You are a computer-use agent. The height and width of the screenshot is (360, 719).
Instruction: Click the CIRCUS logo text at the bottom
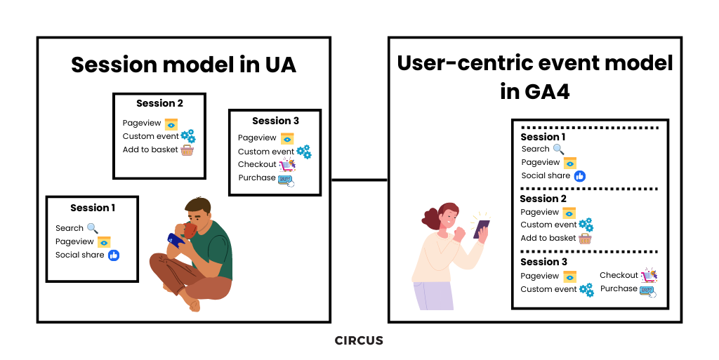(359, 341)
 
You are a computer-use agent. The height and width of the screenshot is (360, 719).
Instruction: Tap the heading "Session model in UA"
(183, 65)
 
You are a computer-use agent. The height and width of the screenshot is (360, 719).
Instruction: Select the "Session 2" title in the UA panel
(159, 103)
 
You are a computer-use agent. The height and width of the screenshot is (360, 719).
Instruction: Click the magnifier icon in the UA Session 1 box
(93, 228)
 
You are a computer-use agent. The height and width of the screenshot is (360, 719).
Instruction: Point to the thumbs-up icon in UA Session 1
(114, 255)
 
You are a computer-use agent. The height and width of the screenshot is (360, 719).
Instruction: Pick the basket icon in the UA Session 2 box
(187, 149)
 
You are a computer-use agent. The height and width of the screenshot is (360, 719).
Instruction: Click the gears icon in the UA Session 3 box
(303, 151)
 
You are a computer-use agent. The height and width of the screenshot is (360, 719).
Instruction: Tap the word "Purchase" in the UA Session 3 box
(257, 178)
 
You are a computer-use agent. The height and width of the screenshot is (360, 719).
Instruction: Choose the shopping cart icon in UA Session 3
(287, 165)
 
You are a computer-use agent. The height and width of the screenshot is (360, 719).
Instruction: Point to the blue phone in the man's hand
(176, 239)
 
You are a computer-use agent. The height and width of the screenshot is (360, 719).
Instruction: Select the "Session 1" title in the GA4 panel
(543, 137)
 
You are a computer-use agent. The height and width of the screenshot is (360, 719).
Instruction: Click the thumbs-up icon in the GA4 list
(579, 176)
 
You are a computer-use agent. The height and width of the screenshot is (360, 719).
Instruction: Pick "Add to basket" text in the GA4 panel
(548, 238)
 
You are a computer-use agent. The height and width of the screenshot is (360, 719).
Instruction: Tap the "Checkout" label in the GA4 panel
(619, 275)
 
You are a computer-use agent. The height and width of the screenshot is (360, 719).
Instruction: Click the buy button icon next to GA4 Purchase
(647, 290)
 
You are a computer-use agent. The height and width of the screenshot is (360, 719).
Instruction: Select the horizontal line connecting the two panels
(359, 180)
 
